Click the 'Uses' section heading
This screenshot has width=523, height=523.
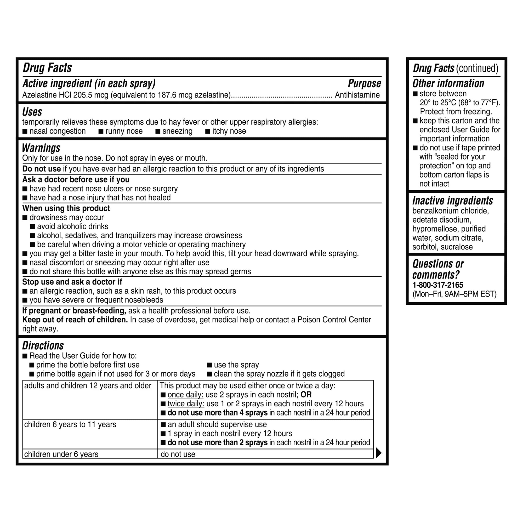coord(32,112)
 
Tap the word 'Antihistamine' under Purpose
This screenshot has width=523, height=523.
coord(357,95)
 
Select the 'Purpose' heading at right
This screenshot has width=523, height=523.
coord(364,83)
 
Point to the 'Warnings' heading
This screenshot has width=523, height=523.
coord(41,148)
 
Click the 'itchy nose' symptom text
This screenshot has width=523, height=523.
coord(229,131)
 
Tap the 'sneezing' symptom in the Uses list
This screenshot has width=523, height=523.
coord(177,131)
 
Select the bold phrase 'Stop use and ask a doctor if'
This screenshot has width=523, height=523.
coord(72,282)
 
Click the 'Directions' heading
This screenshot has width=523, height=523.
coord(43,346)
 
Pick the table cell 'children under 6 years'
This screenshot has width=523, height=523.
coord(61,454)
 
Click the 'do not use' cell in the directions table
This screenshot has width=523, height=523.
coord(178,454)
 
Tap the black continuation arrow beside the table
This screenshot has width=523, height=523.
coord(378,453)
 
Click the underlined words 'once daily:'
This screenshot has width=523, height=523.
coord(185,394)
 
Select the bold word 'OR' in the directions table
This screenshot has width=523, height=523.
coord(306,394)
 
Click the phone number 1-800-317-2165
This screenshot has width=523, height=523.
coord(438,285)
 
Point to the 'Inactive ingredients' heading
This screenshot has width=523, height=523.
coord(452,201)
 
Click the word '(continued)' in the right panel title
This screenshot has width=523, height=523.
coord(477,68)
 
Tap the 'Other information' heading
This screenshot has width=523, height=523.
coord(448,83)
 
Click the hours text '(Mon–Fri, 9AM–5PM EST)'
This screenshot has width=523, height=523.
coord(454,294)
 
